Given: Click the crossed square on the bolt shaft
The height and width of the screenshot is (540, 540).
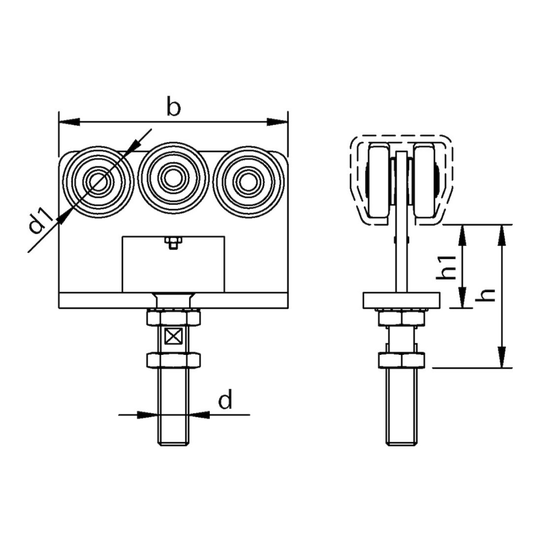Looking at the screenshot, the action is pos(173,336).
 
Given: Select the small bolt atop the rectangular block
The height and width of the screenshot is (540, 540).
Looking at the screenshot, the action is pos(173,242).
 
